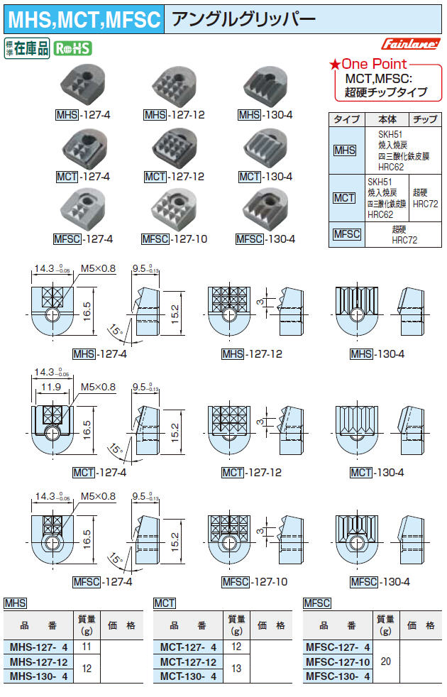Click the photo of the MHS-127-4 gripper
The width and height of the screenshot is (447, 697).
tap(82, 87)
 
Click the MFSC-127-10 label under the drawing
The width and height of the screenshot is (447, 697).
tap(255, 582)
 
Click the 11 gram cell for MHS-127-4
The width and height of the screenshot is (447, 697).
tap(87, 647)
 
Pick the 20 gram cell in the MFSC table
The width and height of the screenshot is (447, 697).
tap(385, 661)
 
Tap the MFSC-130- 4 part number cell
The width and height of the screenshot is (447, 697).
tap(338, 676)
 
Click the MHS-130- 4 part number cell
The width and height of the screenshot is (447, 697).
tap(39, 676)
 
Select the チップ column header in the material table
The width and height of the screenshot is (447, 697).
tap(424, 119)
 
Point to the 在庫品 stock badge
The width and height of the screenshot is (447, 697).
tap(27, 48)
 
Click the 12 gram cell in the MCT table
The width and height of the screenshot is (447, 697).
tap(236, 647)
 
